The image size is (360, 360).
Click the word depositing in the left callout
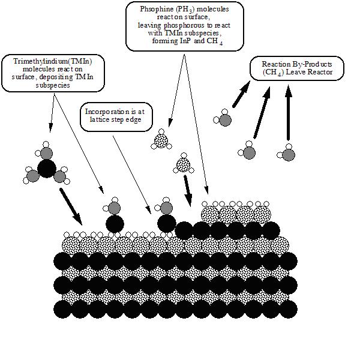[73, 76]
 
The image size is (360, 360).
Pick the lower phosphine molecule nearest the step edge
[183, 164]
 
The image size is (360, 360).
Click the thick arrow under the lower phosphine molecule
[188, 193]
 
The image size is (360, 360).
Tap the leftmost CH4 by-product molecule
[224, 119]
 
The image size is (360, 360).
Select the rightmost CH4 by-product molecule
[289, 154]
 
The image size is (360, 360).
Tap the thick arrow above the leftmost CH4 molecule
[241, 95]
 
